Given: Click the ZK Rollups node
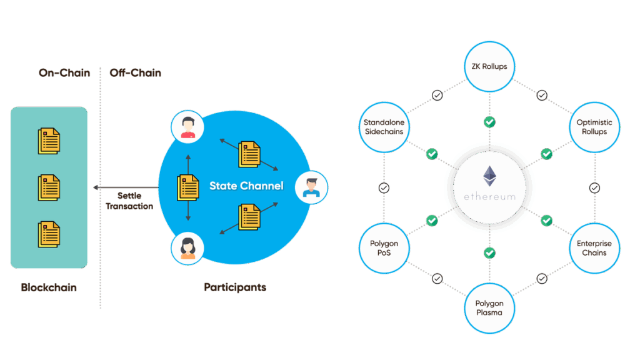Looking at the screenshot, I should (489, 66).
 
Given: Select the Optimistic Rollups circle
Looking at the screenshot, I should (594, 127).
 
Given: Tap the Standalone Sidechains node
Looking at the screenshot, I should (384, 127).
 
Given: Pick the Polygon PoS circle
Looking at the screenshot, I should (384, 248).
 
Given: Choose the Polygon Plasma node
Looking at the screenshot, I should (489, 307).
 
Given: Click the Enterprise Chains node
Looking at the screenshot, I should (594, 248).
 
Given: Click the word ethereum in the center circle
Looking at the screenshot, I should (489, 196).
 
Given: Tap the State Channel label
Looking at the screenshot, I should (246, 186).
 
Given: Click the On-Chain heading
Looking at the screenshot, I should (64, 72).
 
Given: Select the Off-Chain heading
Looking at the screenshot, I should (136, 72).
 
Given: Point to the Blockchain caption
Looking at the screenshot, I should (49, 287).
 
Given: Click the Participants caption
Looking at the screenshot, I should (235, 287).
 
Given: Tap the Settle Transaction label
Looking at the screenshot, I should (129, 201).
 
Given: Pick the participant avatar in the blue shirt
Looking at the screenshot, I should (311, 186).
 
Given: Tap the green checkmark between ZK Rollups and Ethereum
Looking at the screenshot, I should (489, 122).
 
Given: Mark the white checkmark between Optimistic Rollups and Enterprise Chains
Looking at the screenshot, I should (594, 187).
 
